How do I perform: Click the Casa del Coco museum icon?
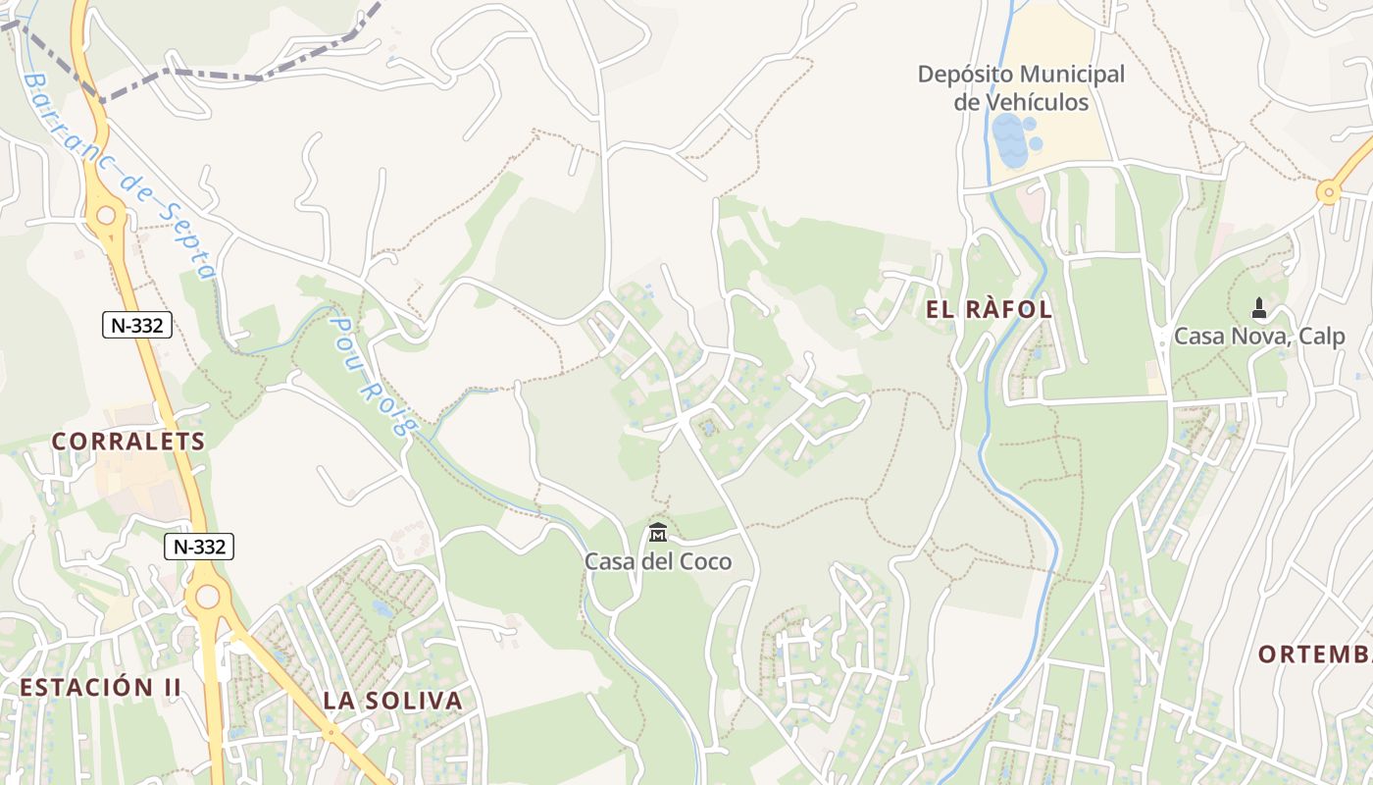pyautogui.click(x=658, y=533)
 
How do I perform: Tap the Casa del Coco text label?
pyautogui.click(x=658, y=561)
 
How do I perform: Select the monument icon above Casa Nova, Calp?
pyautogui.click(x=1259, y=308)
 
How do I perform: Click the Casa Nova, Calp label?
pyautogui.click(x=1259, y=337)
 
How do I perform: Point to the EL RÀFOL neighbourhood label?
pyautogui.click(x=989, y=310)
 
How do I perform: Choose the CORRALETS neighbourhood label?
pyautogui.click(x=128, y=442)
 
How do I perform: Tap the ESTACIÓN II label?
pyautogui.click(x=100, y=687)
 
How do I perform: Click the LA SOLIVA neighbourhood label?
pyautogui.click(x=392, y=701)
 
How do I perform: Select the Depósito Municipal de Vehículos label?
pyautogui.click(x=1021, y=88)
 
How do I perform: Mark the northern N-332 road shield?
pyautogui.click(x=137, y=325)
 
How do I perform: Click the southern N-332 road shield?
pyautogui.click(x=198, y=547)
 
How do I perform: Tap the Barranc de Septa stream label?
pyautogui.click(x=119, y=177)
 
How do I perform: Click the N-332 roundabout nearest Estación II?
pyautogui.click(x=207, y=596)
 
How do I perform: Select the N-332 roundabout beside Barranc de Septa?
pyautogui.click(x=106, y=215)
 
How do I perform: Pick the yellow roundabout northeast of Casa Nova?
pyautogui.click(x=1329, y=191)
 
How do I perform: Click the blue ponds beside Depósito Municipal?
pyautogui.click(x=1013, y=140)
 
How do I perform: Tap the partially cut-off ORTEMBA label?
pyautogui.click(x=1314, y=654)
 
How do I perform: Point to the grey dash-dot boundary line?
pyautogui.click(x=226, y=74)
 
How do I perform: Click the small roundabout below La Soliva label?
pyautogui.click(x=331, y=731)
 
